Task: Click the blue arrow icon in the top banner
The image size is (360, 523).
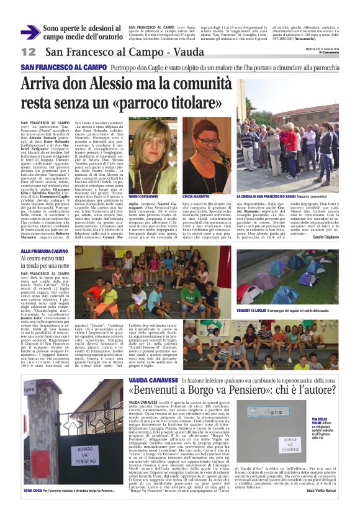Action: pyautogui.click(x=30, y=33)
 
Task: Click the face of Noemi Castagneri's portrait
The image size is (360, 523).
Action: pyautogui.click(x=150, y=156)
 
